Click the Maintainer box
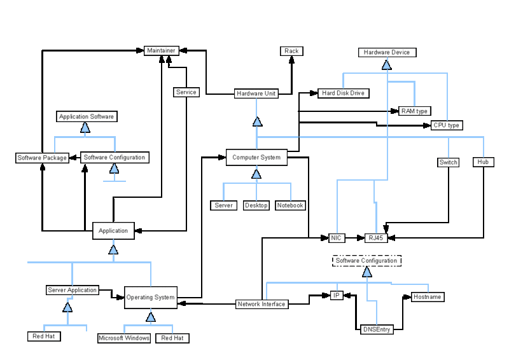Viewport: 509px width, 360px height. click(160, 50)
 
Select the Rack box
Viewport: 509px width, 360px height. click(291, 51)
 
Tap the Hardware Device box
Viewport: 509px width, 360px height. click(387, 52)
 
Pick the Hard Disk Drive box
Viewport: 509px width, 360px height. click(344, 93)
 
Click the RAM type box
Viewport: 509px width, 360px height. click(414, 111)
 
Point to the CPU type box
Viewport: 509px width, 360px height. click(446, 125)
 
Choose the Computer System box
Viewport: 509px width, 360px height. click(256, 157)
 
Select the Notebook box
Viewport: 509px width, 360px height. click(290, 205)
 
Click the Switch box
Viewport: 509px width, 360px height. click(449, 162)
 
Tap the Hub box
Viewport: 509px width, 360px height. click(484, 162)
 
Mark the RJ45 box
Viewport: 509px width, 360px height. click(376, 238)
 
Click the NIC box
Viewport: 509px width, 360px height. click(337, 238)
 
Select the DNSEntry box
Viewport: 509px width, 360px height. click(376, 329)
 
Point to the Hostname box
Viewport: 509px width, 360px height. click(427, 297)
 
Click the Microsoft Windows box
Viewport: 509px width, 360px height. click(124, 338)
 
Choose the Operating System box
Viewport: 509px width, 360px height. click(150, 297)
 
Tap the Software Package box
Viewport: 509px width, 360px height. click(41, 158)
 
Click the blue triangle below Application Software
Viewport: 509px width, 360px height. click(87, 128)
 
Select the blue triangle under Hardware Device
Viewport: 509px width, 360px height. click(386, 64)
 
